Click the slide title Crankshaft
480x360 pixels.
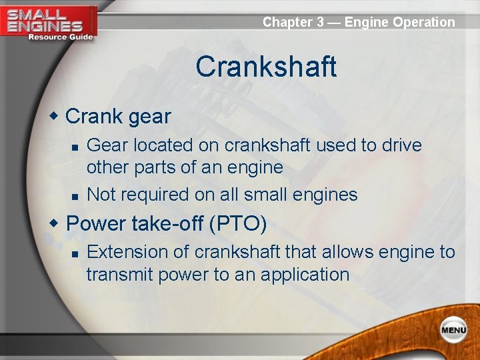[266, 67]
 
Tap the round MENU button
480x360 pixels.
[453, 329]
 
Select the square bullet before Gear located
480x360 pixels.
[76, 146]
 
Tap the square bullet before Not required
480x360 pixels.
[76, 195]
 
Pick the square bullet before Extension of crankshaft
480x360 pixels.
[76, 253]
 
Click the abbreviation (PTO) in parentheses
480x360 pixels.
[238, 224]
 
